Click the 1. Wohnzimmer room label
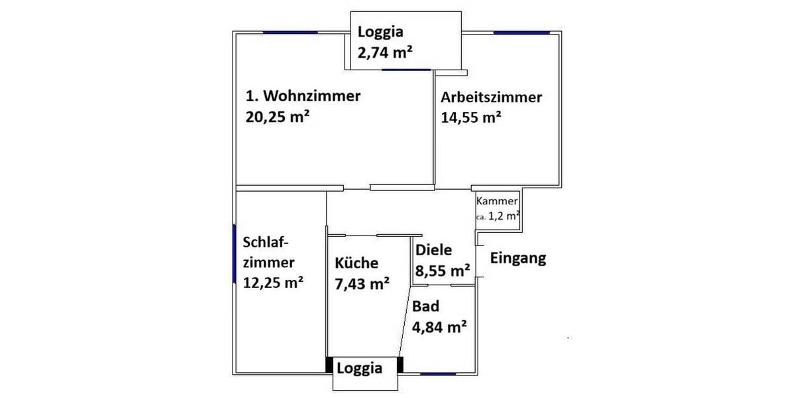pyautogui.click(x=303, y=97)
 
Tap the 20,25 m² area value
pyautogui.click(x=278, y=117)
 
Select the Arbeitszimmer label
pyautogui.click(x=492, y=98)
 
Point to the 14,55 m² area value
pyautogui.click(x=470, y=118)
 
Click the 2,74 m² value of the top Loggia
pyautogui.click(x=382, y=53)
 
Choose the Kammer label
pyautogui.click(x=498, y=201)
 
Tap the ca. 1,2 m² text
pyautogui.click(x=498, y=216)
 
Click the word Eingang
pyautogui.click(x=518, y=258)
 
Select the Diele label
pyautogui.click(x=433, y=251)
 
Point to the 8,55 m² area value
pyautogui.click(x=443, y=271)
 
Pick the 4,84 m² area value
pyautogui.click(x=440, y=327)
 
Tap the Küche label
pyautogui.click(x=356, y=263)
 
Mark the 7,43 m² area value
pyautogui.click(x=361, y=283)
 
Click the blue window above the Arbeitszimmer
pyautogui.click(x=521, y=33)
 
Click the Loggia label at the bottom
pyautogui.click(x=360, y=369)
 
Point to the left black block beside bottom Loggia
pyautogui.click(x=329, y=365)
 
